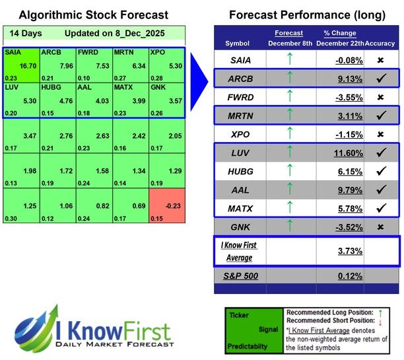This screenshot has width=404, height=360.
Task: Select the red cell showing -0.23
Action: [x=168, y=206]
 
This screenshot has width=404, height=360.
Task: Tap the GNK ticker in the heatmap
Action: [x=158, y=87]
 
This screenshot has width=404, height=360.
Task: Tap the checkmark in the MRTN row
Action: [x=382, y=116]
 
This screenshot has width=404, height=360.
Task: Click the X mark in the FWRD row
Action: [x=382, y=97]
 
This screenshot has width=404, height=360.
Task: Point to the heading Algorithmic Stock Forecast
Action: [x=93, y=15]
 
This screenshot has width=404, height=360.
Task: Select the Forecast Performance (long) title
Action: [x=307, y=15]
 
